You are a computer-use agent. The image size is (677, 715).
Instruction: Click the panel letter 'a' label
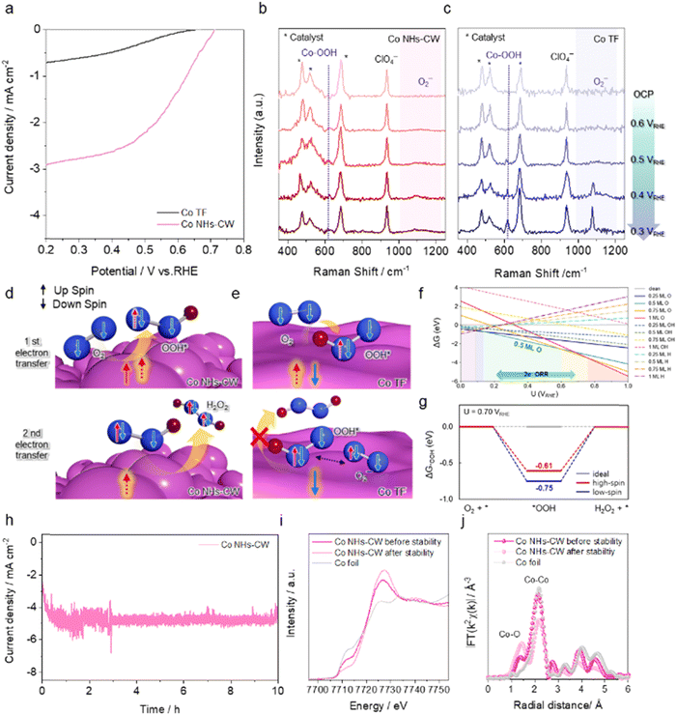(x=8, y=9)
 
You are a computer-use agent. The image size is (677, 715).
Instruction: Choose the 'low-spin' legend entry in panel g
(x=632, y=494)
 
